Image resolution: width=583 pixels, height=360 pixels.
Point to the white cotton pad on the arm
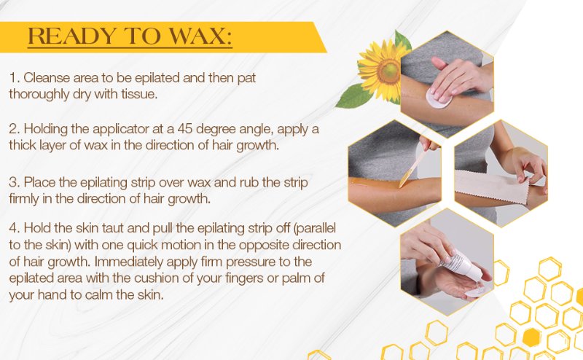(438, 98)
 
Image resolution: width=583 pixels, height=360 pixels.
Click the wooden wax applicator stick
(414, 165)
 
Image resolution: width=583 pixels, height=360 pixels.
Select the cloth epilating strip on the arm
(491, 186)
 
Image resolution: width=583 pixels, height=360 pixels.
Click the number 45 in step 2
(185, 129)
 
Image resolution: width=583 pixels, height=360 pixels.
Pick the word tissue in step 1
(139, 94)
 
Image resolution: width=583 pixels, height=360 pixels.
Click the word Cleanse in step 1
(47, 78)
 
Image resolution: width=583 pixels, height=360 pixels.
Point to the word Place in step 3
(40, 183)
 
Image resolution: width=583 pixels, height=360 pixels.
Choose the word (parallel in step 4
(315, 228)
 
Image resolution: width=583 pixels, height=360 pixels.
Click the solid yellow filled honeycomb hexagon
(531, 337)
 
